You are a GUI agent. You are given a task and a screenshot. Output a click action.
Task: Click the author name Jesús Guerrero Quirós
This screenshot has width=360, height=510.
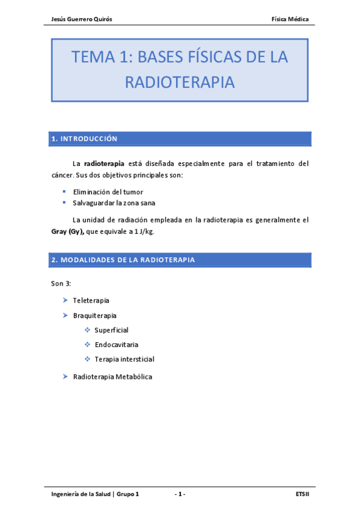pos(82,19)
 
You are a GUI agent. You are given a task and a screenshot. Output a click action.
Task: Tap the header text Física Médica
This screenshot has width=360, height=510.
pos(290,19)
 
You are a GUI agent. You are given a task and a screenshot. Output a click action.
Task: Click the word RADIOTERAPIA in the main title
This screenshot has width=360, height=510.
pos(180,83)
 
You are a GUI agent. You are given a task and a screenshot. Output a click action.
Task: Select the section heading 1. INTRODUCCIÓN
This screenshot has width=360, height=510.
pos(84,139)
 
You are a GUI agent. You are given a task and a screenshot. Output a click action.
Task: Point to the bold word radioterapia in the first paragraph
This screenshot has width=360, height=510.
pos(104,163)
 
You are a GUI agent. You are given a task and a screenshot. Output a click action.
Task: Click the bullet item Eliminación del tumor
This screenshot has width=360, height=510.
pos(108,191)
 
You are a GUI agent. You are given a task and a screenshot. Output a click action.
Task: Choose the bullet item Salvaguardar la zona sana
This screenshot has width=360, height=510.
pos(114,203)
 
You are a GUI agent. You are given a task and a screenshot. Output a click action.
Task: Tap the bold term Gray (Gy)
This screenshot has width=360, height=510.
pos(67,232)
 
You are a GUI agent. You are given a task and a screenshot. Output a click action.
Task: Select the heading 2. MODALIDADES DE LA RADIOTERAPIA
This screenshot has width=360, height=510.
pos(123,260)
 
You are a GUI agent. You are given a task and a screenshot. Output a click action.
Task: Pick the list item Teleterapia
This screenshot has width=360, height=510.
pos(91,300)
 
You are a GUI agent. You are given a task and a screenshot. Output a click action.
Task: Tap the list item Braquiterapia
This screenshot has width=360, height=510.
pos(94,315)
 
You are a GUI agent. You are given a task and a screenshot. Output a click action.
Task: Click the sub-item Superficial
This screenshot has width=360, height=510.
pos(111,330)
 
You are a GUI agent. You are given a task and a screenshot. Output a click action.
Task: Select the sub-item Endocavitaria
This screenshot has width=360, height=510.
pos(116,345)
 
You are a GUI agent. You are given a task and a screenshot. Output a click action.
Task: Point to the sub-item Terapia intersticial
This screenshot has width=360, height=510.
pos(124,359)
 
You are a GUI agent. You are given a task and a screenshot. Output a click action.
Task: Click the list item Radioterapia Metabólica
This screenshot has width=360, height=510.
pos(112,376)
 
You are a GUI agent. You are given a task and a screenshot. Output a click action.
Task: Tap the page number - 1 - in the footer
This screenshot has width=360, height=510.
pos(180,494)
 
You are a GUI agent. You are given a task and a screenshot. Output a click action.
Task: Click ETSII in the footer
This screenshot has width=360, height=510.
pos(302,494)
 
